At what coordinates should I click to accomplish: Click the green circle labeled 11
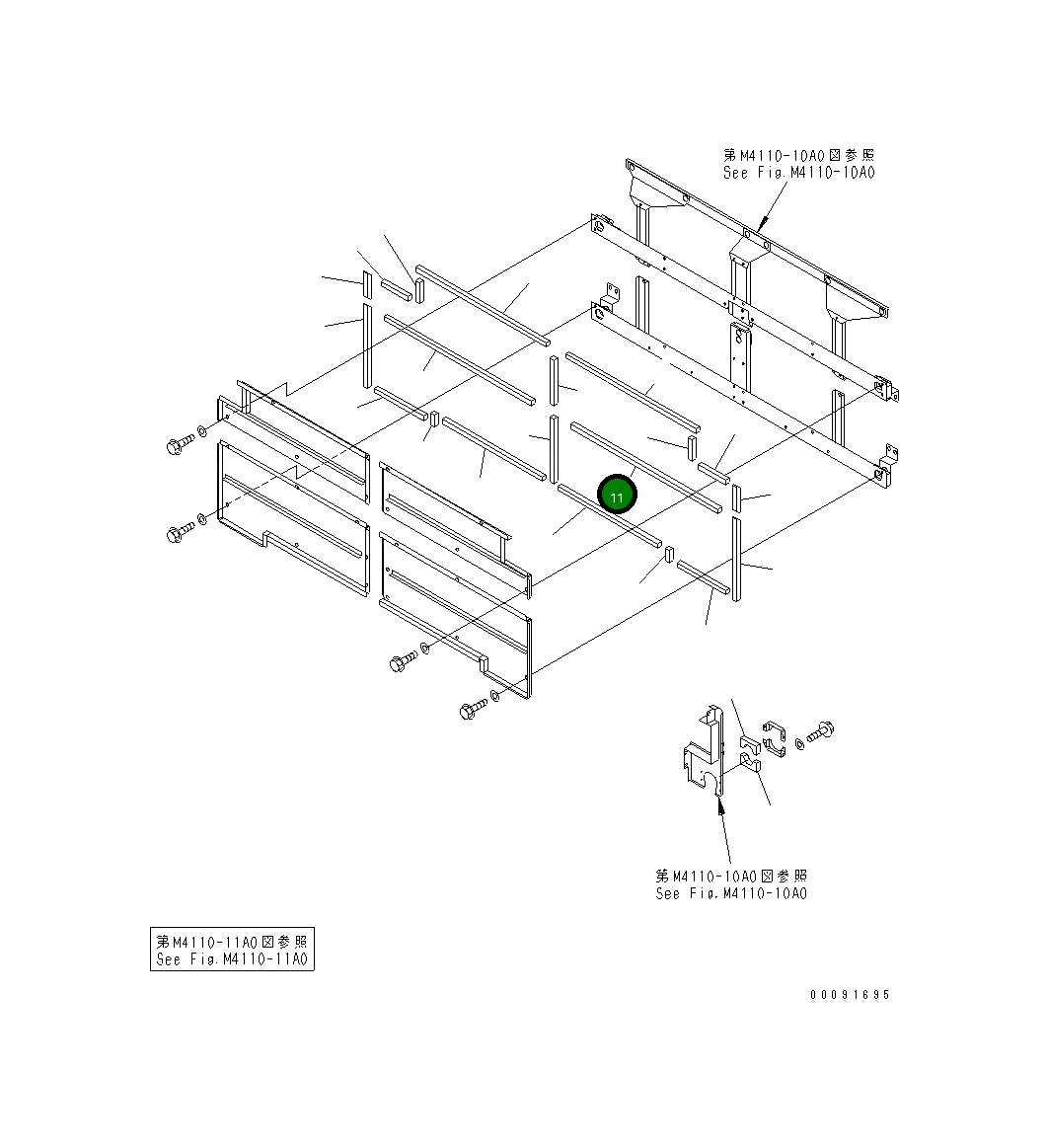[617, 496]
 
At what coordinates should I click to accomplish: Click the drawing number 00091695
[850, 995]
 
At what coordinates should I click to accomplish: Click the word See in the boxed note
[168, 959]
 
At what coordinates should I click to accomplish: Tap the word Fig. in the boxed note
[203, 959]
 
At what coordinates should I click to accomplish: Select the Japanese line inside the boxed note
[232, 942]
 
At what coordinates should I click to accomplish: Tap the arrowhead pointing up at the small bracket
[720, 806]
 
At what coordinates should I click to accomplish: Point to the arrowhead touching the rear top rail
[764, 221]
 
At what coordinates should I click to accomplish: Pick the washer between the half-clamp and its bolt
[799, 744]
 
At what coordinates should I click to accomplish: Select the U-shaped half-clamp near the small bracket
[774, 737]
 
